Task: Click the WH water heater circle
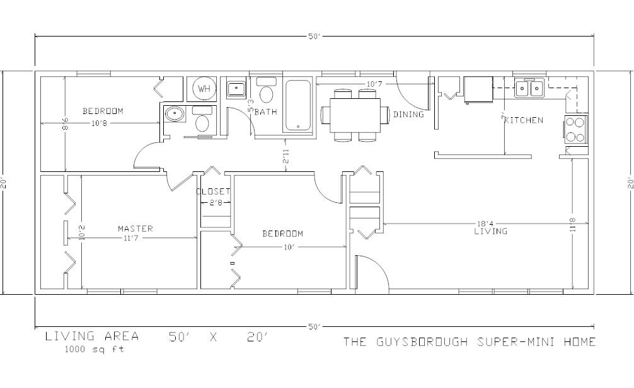(x=204, y=88)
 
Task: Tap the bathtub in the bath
(x=298, y=105)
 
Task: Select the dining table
(x=355, y=115)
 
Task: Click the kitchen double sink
(x=529, y=88)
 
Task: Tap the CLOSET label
(x=213, y=191)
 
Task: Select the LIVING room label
(x=491, y=231)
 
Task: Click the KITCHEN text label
(x=524, y=120)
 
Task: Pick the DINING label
(x=408, y=115)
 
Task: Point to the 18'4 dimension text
(x=485, y=223)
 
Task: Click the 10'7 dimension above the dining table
(x=374, y=84)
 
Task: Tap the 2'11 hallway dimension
(x=286, y=156)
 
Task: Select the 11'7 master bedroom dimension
(x=130, y=239)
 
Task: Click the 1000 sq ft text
(x=95, y=349)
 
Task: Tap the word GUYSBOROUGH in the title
(x=422, y=342)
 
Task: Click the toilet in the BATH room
(x=266, y=89)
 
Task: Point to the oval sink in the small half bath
(x=175, y=114)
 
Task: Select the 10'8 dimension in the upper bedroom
(x=99, y=123)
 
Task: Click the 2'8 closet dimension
(x=216, y=203)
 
